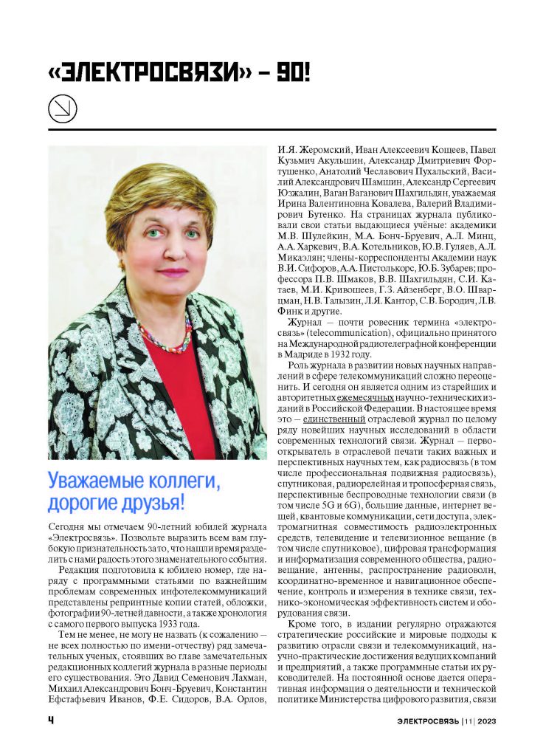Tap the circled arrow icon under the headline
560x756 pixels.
(x=62, y=110)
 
